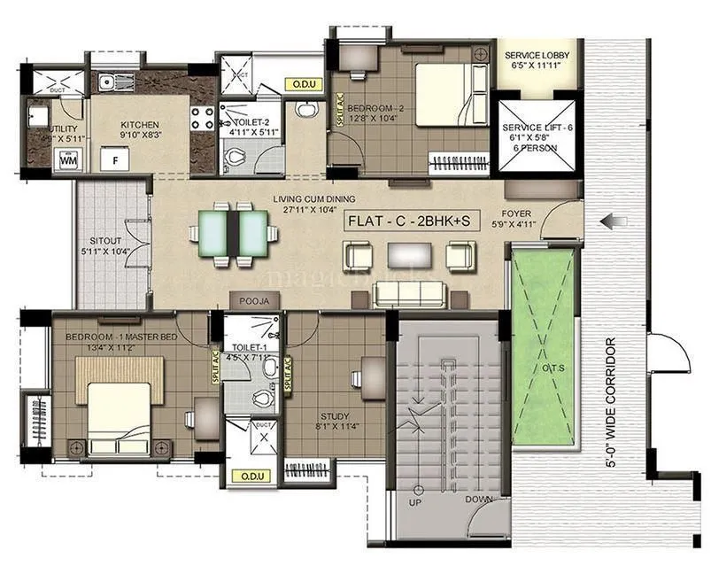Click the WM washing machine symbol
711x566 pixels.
[67, 160]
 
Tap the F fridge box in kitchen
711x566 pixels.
[114, 161]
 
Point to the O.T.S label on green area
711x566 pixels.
[542, 368]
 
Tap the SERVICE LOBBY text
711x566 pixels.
[537, 56]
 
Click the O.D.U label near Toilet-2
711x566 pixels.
[299, 85]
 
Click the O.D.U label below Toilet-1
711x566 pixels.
[249, 477]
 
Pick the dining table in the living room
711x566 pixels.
[234, 233]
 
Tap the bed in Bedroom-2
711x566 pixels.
[450, 97]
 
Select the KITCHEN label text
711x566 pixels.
[140, 125]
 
